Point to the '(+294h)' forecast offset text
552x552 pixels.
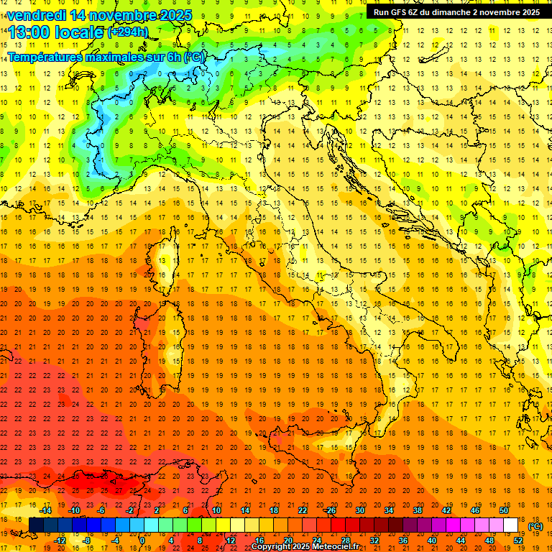[x=128, y=32]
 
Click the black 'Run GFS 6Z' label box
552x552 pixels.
[x=456, y=12]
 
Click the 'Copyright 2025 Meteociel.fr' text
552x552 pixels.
[x=305, y=546]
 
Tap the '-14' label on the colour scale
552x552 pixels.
[x=45, y=510]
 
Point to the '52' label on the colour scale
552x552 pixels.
[x=518, y=540]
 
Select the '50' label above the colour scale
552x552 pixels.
[x=504, y=510]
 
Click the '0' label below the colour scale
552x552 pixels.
[x=142, y=540]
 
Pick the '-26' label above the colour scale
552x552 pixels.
[x=330, y=510]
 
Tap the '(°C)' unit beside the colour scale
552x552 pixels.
[x=535, y=526]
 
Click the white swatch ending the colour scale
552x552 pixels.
[x=510, y=525]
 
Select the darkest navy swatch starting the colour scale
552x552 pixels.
[x=36, y=525]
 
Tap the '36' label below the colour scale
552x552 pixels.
[x=402, y=540]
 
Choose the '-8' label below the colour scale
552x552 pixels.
[x=86, y=540]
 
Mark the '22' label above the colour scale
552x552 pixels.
[x=302, y=510]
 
